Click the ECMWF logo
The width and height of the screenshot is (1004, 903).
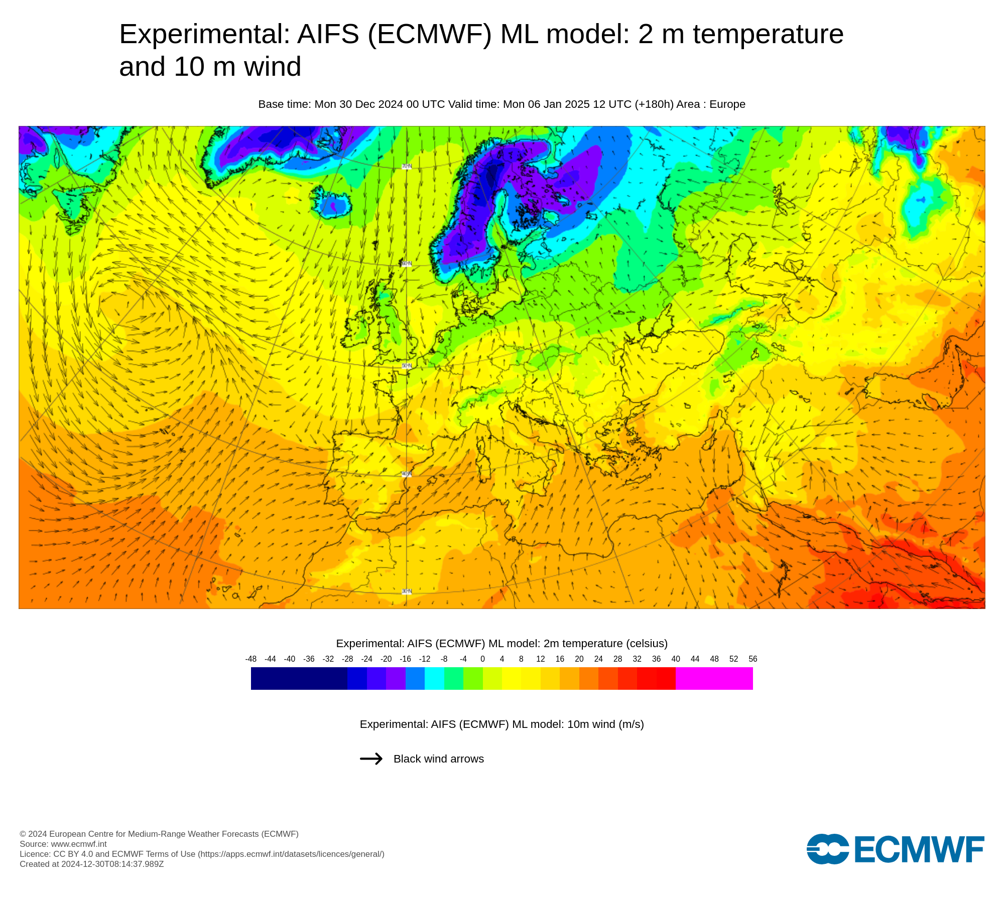point(895,849)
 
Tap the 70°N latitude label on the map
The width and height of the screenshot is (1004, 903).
point(407,167)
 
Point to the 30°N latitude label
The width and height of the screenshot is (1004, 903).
point(407,591)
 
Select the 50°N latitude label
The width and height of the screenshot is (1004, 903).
point(407,366)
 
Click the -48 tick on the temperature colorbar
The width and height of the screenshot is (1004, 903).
point(251,659)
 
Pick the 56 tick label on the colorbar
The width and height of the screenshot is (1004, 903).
point(752,659)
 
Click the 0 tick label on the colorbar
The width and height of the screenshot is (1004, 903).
point(482,659)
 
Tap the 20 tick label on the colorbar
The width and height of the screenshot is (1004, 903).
point(579,659)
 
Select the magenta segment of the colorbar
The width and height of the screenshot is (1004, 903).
point(714,679)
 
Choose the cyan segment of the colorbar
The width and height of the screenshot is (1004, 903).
point(434,679)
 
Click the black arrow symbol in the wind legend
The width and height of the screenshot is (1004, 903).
point(371,759)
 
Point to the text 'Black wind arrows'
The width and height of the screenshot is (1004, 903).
point(438,759)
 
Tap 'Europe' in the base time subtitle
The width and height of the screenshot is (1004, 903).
point(727,104)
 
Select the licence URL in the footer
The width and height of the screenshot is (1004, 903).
point(291,854)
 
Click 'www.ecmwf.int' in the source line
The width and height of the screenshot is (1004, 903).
point(79,844)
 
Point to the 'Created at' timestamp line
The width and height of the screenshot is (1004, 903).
point(91,864)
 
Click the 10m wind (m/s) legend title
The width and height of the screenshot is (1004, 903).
point(501,724)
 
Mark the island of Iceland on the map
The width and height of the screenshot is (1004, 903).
point(330,202)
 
